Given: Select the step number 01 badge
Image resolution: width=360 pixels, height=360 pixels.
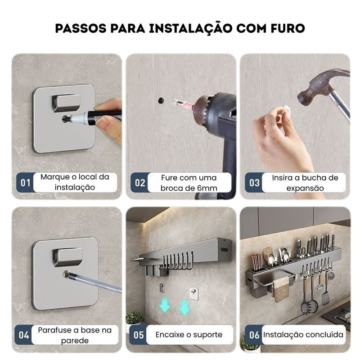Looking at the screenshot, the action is click(x=25, y=183).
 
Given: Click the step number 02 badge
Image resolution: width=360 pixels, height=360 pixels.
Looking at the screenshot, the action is click(x=139, y=183).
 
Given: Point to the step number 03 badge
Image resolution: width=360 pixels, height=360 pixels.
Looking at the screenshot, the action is click(x=254, y=183).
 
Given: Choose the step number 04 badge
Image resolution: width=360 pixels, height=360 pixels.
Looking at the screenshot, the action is click(x=24, y=335).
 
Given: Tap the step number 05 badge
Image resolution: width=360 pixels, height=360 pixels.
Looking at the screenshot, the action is click(x=139, y=335).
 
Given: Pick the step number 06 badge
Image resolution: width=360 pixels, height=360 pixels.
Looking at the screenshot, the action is click(x=254, y=335).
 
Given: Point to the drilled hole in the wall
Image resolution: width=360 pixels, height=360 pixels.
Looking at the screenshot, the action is click(x=161, y=100).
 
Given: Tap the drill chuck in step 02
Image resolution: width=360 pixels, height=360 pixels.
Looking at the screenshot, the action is click(x=204, y=110).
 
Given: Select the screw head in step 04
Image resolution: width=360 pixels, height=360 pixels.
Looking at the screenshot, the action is click(x=67, y=274).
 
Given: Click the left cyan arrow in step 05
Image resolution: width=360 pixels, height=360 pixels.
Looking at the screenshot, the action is click(x=164, y=304).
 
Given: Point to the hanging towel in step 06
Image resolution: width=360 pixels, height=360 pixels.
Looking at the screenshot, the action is click(x=281, y=289).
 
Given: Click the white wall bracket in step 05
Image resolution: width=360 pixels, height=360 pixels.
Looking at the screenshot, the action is click(x=194, y=294).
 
